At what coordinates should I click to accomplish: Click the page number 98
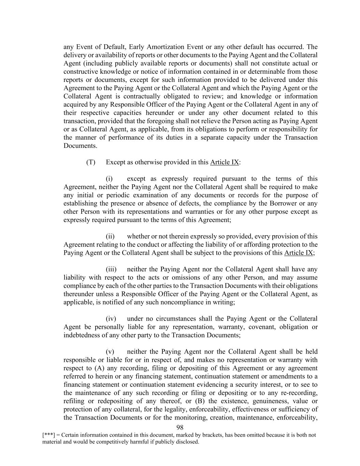(180, 427)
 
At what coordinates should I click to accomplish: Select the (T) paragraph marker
(90, 162)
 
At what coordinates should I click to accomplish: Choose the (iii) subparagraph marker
(111, 269)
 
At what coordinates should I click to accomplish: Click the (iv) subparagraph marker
(111, 319)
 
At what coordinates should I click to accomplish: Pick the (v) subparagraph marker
(110, 352)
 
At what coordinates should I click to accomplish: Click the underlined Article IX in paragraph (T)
(225, 162)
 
